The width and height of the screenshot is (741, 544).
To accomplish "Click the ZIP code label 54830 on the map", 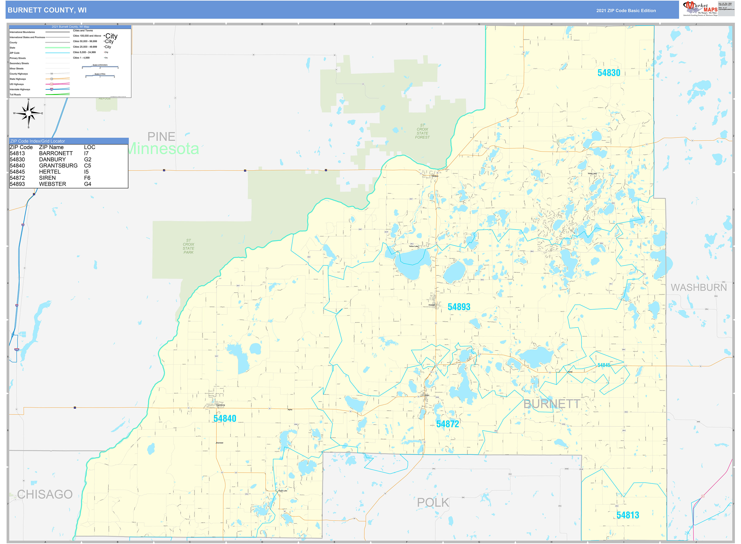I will (x=609, y=73).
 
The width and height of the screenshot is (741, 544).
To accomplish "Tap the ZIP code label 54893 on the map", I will (x=459, y=307).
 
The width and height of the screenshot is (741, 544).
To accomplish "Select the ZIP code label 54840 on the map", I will (x=225, y=418).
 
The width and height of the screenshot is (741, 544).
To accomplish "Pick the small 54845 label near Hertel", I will (x=604, y=365).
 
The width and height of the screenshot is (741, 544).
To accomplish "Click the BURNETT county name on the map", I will (x=552, y=404).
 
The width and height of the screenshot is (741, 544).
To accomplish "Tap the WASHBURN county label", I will (x=699, y=287).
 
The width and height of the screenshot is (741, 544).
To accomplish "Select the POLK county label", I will (x=433, y=503).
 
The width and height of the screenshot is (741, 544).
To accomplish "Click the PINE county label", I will (x=161, y=136).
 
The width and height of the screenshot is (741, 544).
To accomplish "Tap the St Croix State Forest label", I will (x=422, y=131).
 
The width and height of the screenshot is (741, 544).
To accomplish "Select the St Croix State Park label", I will (x=188, y=246).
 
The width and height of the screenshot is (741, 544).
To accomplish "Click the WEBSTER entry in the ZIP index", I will (x=52, y=184).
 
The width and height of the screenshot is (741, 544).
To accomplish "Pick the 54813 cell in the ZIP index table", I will (x=17, y=153).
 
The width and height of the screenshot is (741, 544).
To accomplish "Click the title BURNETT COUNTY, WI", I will (x=47, y=10).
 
